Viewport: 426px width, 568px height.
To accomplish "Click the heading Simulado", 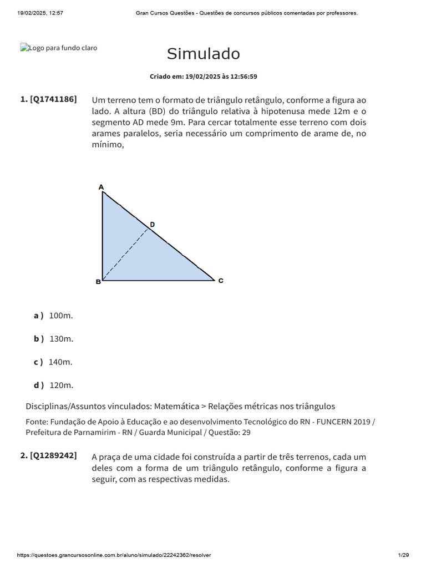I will tap(203, 54).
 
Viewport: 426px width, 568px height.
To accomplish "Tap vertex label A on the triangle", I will tap(101, 187).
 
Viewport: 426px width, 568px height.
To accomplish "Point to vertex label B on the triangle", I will tap(98, 282).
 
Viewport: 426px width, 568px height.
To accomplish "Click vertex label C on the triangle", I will tap(221, 281).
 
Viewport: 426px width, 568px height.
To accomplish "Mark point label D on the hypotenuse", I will tap(152, 224).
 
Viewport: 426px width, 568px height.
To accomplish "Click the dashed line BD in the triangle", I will tap(126, 253).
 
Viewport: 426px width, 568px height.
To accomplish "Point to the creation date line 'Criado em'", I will tap(203, 77).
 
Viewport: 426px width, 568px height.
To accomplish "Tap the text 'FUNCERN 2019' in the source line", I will tap(343, 422).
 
